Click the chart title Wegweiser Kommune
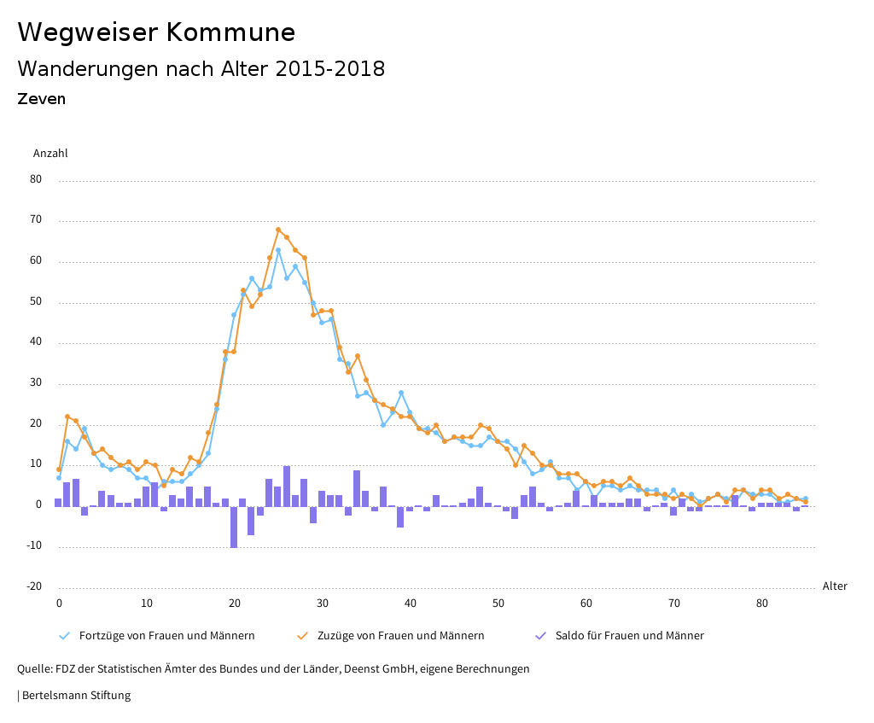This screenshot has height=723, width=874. coord(156,32)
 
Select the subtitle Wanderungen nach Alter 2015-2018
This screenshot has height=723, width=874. coord(201,69)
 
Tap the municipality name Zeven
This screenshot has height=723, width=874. coord(41,99)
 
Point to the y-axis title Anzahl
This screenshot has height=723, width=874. coord(50,154)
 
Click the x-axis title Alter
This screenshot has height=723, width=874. coord(835,586)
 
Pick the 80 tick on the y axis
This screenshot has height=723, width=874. coord(36,180)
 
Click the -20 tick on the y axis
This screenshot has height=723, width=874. coord(34,586)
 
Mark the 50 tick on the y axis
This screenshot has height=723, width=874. coord(36,302)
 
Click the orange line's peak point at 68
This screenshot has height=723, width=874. coord(278,230)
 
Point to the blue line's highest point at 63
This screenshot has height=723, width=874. coord(278,250)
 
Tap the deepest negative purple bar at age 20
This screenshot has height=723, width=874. coord(234,527)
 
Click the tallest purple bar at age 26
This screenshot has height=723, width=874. coord(287,486)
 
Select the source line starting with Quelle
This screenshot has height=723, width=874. coord(273,669)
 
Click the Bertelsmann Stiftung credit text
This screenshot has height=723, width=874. coord(74,696)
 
